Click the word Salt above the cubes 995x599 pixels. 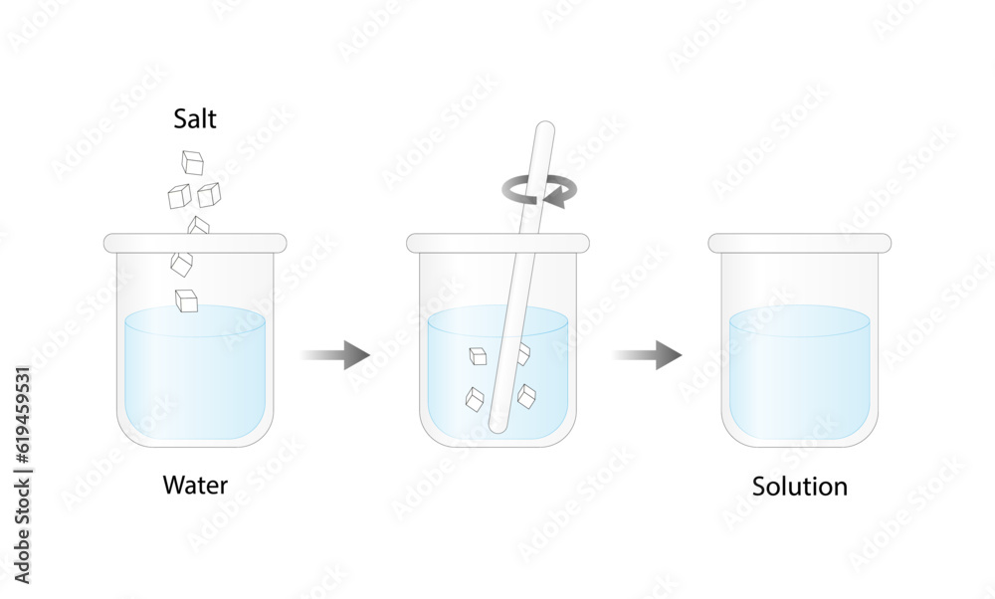195,120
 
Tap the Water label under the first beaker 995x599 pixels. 195,487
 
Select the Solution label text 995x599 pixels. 800,488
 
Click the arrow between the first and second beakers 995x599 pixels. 335,354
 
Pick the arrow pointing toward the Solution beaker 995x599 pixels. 648,354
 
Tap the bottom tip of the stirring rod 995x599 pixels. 498,425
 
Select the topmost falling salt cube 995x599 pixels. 192,161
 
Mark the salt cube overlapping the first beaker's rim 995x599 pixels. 199,227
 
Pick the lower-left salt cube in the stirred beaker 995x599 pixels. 476,399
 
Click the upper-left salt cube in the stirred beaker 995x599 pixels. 478,356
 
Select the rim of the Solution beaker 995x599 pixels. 800,242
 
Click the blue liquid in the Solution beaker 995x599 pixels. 800,378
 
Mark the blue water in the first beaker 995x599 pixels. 195,383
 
